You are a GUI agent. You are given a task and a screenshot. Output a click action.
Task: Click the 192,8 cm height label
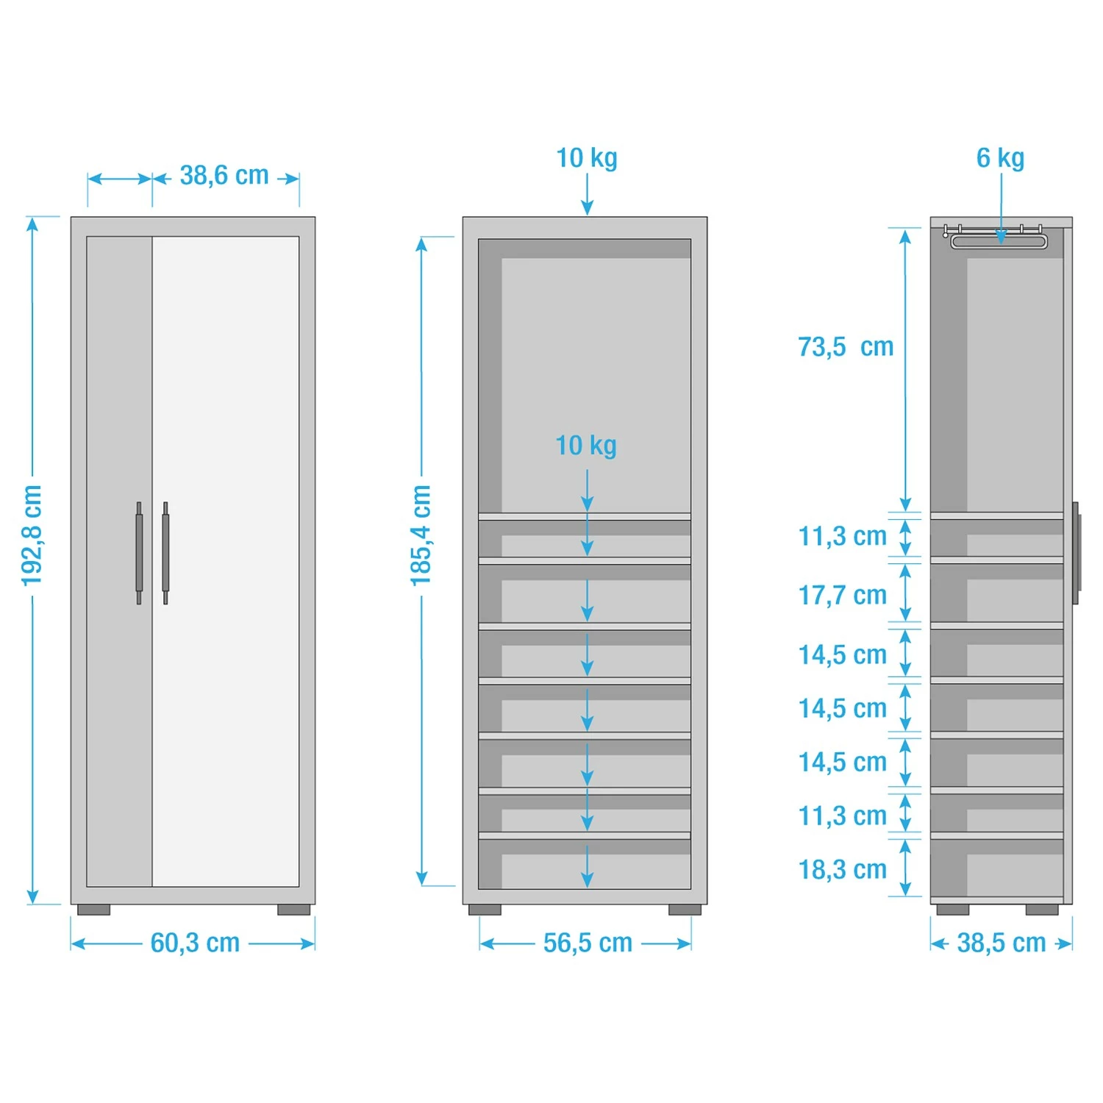32,535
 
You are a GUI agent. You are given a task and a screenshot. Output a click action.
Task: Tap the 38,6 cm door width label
224,176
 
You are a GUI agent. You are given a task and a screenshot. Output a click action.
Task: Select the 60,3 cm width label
195,943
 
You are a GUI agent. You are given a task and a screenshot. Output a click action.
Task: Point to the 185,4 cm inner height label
421,535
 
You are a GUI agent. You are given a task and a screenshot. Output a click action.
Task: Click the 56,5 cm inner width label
588,943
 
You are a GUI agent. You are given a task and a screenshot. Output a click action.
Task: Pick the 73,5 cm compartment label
846,347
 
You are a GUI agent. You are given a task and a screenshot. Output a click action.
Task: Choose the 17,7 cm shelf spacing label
843,595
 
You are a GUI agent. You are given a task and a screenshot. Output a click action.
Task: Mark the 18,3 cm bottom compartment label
843,869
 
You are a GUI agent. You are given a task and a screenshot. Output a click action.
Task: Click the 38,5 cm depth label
1001,943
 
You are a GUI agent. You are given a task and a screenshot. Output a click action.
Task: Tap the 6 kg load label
1000,158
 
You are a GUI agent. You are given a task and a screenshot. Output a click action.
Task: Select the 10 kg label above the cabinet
587,158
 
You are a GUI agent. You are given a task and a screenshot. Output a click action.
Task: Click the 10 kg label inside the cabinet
586,446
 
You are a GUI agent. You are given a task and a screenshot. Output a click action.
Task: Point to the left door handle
139,553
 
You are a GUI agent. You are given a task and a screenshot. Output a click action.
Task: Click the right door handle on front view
165,553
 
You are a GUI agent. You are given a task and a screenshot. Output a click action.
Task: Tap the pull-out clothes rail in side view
998,240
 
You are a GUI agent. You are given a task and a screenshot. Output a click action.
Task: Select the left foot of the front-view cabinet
93,910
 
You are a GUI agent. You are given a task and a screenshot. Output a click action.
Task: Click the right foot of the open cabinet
685,910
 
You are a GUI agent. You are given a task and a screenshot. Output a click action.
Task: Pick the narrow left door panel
119,561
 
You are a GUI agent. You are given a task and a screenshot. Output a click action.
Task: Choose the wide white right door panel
226,561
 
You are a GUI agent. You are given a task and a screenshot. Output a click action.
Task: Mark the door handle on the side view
1076,553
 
